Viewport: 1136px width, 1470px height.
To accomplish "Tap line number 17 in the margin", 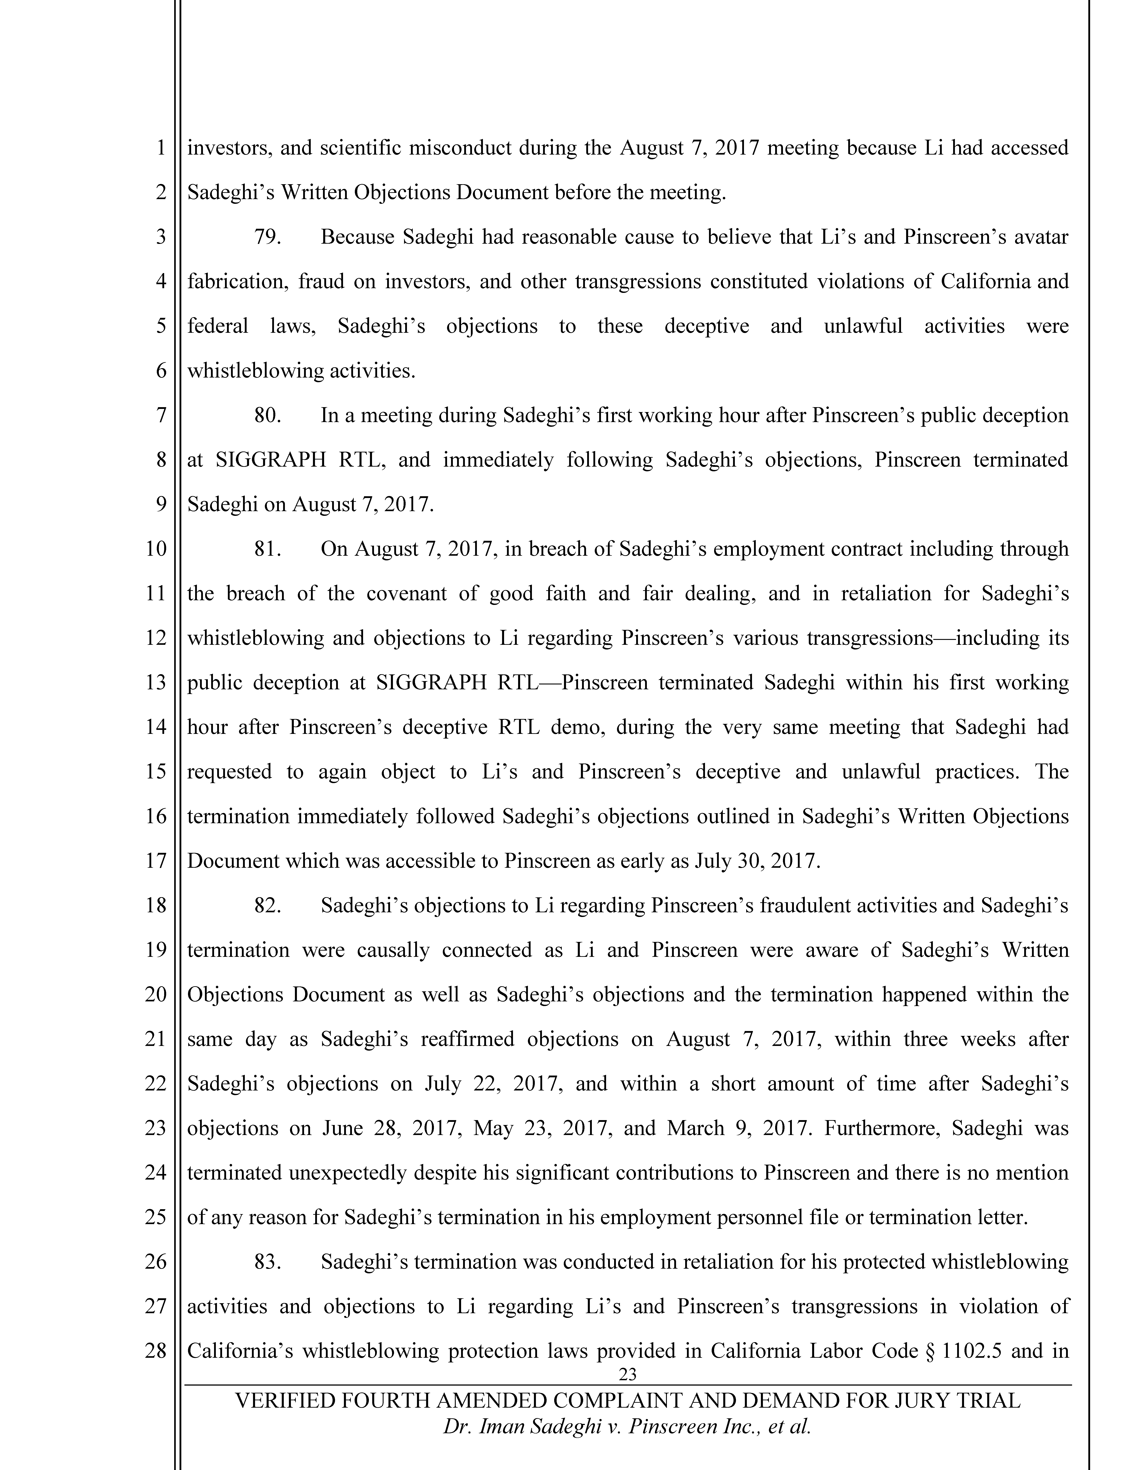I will click(x=155, y=861).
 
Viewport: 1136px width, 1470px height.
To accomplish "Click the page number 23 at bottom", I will click(x=627, y=1374).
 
